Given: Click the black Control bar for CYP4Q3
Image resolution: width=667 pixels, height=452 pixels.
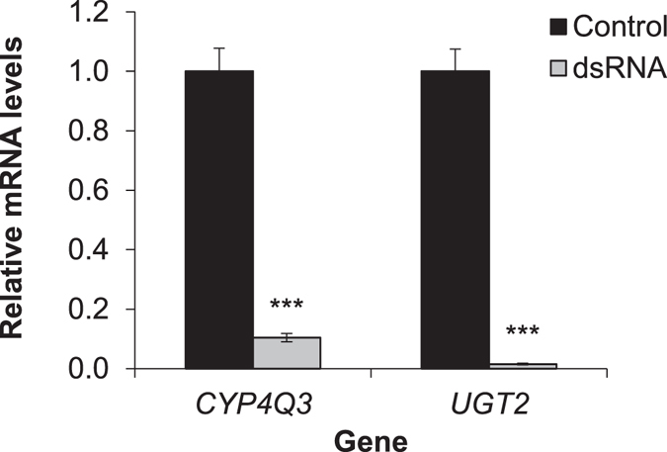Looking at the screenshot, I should click(219, 220).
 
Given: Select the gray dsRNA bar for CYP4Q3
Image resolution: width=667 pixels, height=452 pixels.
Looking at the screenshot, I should click(287, 353).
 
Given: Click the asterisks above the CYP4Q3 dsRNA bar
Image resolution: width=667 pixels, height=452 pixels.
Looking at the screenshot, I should click(287, 308).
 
